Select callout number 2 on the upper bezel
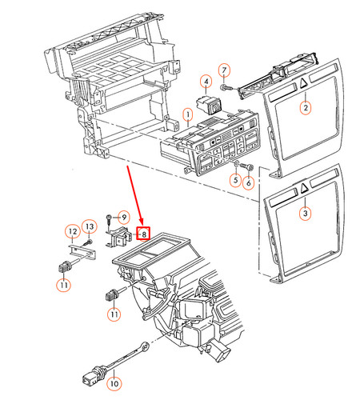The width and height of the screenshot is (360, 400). tap(305, 106)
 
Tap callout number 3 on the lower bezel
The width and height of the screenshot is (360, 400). tap(304, 214)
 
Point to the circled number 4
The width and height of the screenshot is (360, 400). tap(206, 82)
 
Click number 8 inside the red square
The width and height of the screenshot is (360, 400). tap(142, 234)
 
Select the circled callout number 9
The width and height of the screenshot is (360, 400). tap(122, 216)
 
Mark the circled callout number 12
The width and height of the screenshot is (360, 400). tap(71, 232)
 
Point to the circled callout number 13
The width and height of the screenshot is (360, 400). tap(90, 228)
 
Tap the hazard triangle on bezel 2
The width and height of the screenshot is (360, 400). tap(305, 82)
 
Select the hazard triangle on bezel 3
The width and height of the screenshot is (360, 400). tap(304, 190)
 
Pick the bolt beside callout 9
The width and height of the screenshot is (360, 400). tap(109, 218)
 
